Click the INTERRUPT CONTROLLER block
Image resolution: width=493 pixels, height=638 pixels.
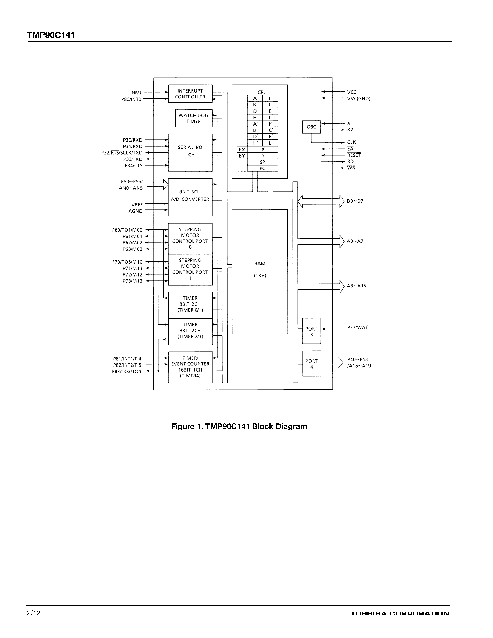click(x=190, y=94)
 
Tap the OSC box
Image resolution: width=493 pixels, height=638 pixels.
click(x=311, y=127)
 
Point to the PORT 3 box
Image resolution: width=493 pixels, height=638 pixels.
click(x=311, y=331)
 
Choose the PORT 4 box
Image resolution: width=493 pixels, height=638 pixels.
click(x=311, y=364)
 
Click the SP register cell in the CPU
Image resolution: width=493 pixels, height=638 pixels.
click(x=262, y=162)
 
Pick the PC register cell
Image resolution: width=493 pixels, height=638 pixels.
click(x=262, y=168)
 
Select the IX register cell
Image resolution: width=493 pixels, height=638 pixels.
click(x=262, y=149)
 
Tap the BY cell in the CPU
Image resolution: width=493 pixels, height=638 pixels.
click(x=242, y=156)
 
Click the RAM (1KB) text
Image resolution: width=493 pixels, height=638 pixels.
click(x=260, y=269)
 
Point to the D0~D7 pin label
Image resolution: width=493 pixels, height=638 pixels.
click(x=355, y=201)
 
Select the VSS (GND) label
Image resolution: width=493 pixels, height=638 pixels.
click(x=359, y=98)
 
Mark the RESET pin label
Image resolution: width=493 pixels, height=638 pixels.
click(x=354, y=155)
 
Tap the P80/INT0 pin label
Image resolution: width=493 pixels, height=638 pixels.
click(x=131, y=99)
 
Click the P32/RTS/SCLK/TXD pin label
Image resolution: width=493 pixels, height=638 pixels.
click(x=122, y=153)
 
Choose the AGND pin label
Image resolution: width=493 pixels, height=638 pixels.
click(x=135, y=211)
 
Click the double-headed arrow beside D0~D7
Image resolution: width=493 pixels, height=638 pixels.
click(x=321, y=201)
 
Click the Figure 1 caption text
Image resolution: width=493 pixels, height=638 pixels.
click(x=239, y=426)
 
